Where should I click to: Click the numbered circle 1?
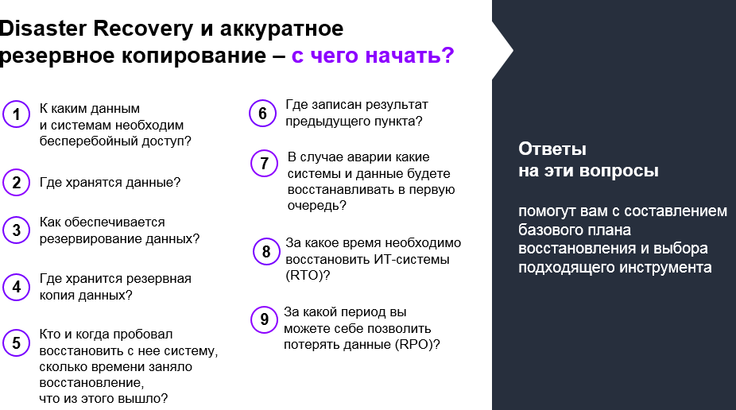click(16, 115)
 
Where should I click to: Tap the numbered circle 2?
click(16, 183)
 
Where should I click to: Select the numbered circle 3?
click(16, 231)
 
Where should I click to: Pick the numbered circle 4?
click(16, 287)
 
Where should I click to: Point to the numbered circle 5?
click(16, 342)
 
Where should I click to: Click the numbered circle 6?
click(262, 114)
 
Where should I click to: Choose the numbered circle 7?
click(263, 164)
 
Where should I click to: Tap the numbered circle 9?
click(264, 319)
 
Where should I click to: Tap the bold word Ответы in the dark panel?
click(552, 149)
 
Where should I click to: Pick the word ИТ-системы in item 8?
click(416, 259)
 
